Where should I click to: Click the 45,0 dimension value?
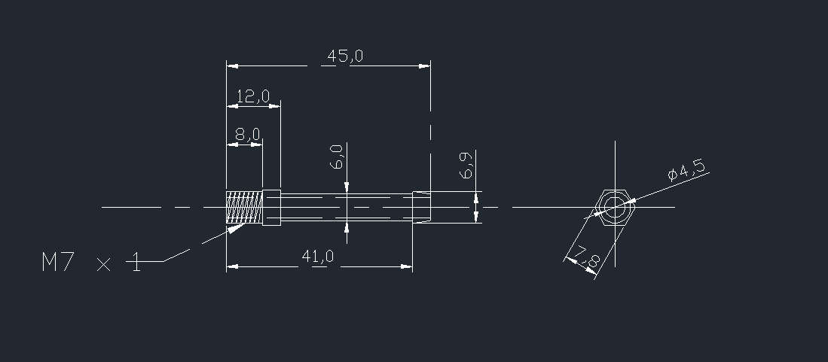pos(345,56)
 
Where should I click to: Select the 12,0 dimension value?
pos(252,96)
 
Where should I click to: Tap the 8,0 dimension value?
pos(247,135)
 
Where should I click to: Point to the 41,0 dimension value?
pos(317,257)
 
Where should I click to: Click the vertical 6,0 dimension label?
pos(337,156)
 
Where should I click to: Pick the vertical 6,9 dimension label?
pos(466,165)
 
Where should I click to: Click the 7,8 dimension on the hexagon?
pos(586,260)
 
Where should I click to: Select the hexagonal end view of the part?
pos(615,206)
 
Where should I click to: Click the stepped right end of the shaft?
pos(421,207)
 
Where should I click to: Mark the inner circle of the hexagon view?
pos(615,206)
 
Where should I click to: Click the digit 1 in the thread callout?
pos(136,263)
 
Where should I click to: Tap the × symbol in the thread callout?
pos(104,264)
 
